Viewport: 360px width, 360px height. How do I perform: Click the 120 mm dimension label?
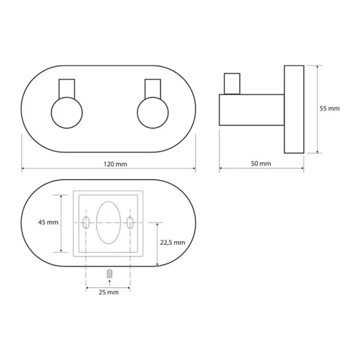[114, 164]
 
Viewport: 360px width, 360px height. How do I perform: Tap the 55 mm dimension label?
[330, 109]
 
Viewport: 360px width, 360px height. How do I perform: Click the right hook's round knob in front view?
[151, 113]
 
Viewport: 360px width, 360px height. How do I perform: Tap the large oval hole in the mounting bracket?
[108, 223]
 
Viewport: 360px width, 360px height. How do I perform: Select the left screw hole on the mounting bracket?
[86, 223]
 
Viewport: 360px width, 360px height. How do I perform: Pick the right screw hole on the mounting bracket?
[130, 223]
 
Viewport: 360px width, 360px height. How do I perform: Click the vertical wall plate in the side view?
[293, 109]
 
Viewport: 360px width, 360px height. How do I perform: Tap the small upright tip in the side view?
[231, 84]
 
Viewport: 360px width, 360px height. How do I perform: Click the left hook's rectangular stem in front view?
[66, 88]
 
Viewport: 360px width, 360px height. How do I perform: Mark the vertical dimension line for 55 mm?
[316, 109]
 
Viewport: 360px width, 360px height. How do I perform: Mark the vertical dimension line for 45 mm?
[62, 223]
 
